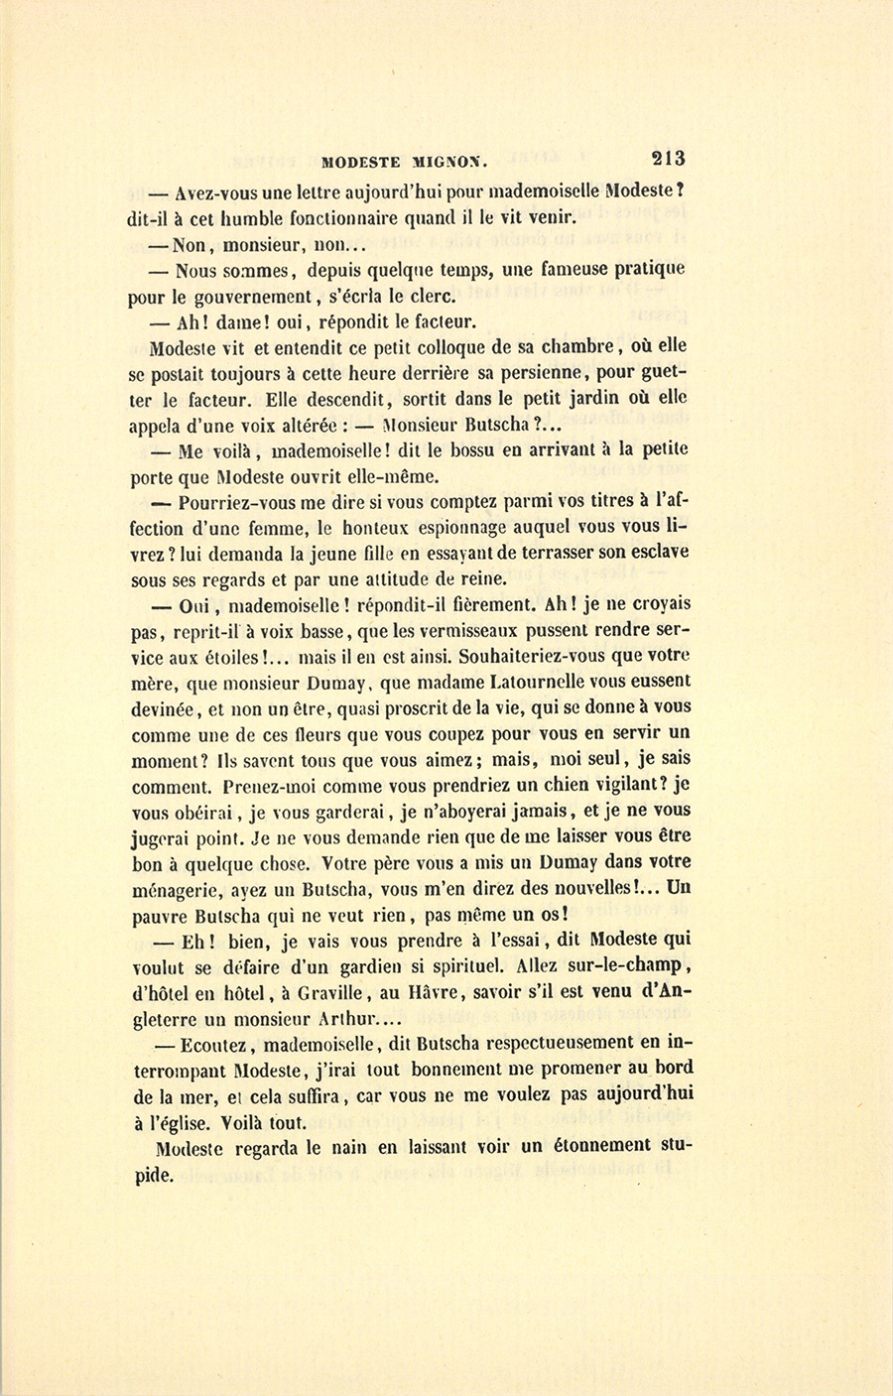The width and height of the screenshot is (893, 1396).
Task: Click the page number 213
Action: coord(668,157)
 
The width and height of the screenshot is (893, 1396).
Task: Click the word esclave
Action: coord(659,552)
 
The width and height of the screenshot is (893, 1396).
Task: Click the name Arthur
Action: coord(342,1018)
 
